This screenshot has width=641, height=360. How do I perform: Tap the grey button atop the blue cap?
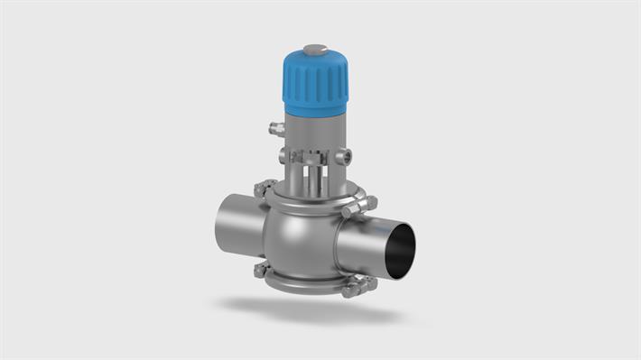pos(314,49)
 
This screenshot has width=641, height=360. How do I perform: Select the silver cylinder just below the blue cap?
pos(313,126)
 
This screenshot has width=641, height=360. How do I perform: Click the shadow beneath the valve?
pos(316,311)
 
